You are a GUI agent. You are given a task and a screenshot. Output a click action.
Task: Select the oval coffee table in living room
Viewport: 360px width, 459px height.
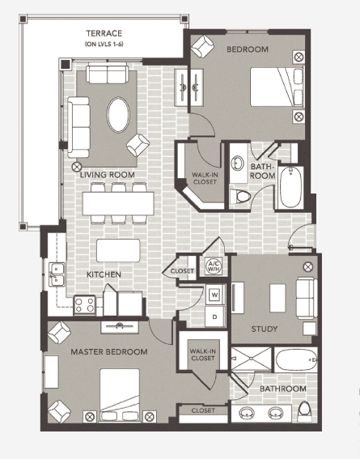118,115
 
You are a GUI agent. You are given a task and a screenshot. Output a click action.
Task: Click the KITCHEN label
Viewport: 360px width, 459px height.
104,274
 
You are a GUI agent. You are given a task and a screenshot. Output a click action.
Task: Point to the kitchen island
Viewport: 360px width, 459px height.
118,249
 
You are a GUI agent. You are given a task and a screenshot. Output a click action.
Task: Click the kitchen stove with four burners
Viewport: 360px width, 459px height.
85,304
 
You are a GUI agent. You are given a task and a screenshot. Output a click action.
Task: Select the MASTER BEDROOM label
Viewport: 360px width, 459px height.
108,351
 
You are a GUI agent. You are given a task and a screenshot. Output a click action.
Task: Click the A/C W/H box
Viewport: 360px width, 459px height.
214,267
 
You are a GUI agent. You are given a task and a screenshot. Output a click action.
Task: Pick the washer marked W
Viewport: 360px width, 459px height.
214,294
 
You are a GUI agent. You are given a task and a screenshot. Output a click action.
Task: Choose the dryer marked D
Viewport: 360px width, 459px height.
214,316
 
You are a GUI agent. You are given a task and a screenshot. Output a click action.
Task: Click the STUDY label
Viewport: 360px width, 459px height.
264,329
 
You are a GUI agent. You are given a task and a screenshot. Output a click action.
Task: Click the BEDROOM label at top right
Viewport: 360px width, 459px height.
247,49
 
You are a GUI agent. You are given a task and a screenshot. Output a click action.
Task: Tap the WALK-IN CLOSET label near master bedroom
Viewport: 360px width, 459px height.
202,354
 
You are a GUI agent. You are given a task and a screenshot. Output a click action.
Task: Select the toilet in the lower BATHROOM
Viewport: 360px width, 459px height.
304,411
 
